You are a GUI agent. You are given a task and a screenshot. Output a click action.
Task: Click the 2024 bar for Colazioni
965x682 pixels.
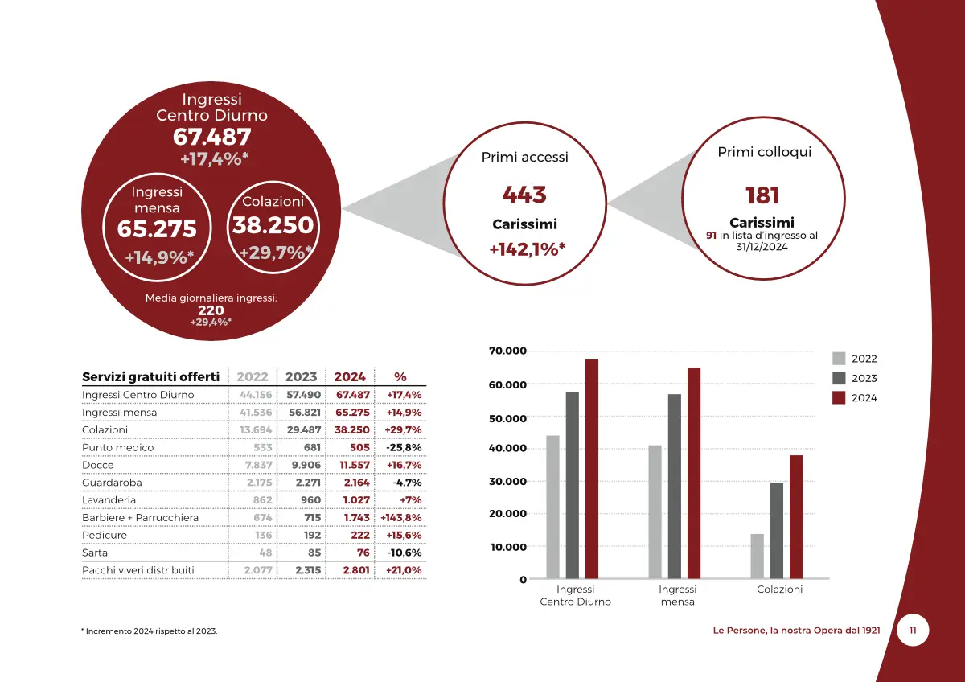tap(796, 516)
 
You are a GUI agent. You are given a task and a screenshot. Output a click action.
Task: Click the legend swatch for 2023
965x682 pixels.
tap(839, 378)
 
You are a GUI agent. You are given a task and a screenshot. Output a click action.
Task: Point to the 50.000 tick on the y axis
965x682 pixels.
tap(507, 418)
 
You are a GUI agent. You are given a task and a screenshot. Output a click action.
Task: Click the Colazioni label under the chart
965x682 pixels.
tap(779, 590)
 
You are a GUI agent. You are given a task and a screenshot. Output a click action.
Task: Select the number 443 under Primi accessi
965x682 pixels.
tap(524, 195)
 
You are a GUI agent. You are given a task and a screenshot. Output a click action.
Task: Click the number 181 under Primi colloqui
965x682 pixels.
tap(762, 195)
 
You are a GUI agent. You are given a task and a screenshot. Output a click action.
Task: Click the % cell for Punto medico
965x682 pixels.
tap(404, 447)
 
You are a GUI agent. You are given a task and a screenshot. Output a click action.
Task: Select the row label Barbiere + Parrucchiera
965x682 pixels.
tap(140, 517)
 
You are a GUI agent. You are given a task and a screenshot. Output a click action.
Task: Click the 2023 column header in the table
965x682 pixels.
tap(302, 376)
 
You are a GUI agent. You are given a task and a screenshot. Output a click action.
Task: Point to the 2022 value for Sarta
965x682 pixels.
tap(262, 553)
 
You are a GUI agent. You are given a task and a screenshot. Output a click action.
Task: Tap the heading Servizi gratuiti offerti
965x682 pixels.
tap(150, 376)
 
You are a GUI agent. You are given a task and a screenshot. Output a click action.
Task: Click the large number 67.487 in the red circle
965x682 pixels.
tap(212, 138)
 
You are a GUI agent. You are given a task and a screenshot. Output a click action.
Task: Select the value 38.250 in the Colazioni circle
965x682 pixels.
tap(273, 225)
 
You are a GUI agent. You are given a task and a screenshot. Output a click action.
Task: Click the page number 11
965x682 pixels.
tap(912, 631)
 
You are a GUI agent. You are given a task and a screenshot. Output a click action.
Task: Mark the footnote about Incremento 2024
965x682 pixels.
tap(150, 631)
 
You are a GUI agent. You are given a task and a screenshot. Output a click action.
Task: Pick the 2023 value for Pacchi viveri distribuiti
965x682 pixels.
tap(308, 570)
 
